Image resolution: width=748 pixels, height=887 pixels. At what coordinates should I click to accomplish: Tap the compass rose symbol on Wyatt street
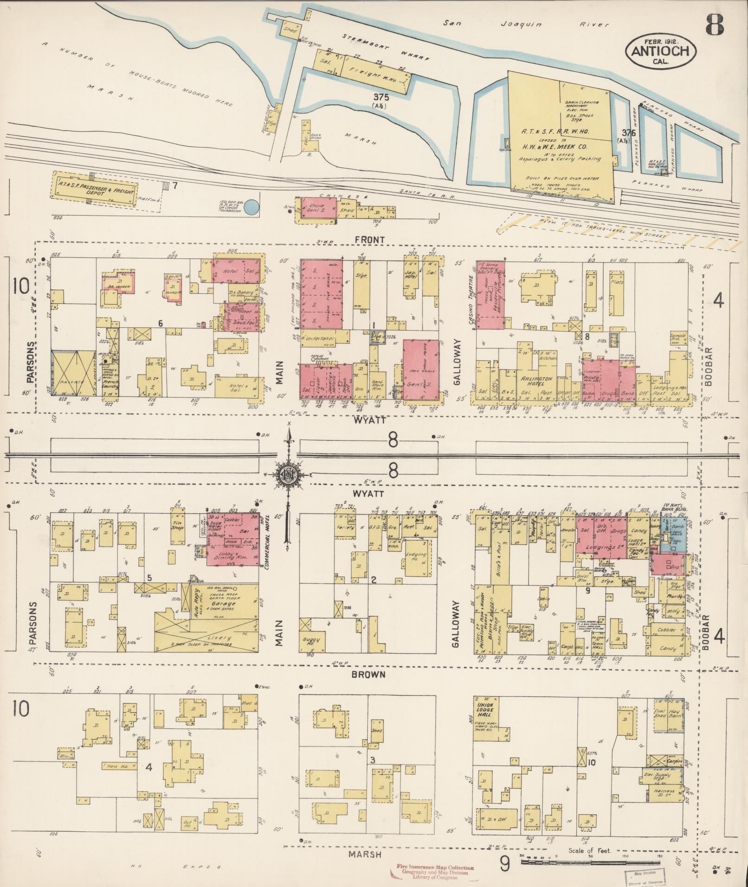[x=288, y=474]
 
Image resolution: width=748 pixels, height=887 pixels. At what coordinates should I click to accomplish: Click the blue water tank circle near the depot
[x=251, y=207]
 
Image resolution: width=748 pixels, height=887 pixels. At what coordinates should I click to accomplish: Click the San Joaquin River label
[x=525, y=25]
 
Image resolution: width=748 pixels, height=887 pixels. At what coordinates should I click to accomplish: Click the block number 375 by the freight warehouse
[x=382, y=97]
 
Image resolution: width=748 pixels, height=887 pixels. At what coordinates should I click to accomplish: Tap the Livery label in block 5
[x=219, y=638]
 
